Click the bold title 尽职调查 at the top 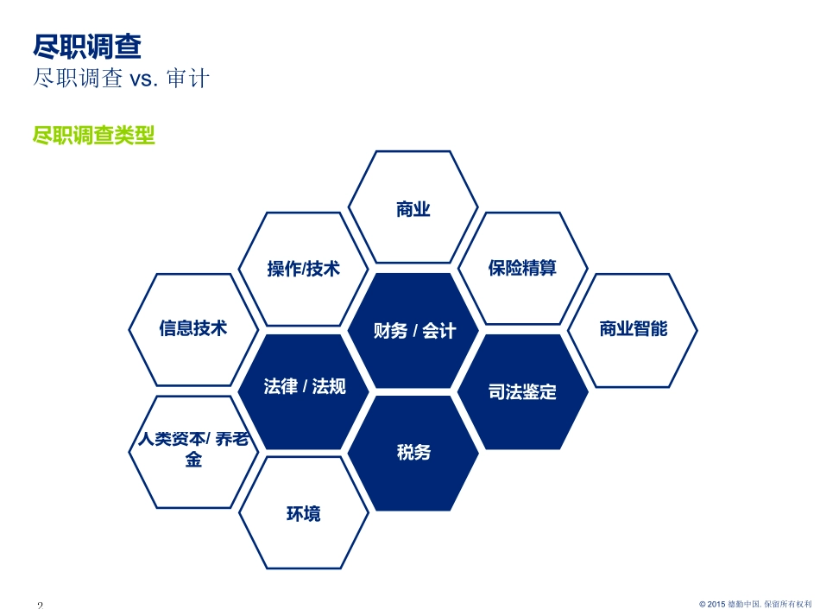tap(87, 46)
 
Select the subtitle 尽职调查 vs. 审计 tap(121, 79)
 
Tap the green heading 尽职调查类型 tap(93, 135)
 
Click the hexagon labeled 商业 tap(413, 206)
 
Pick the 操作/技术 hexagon tap(303, 269)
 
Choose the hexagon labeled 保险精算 tap(523, 268)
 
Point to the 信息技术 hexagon tap(193, 329)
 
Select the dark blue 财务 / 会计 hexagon tap(413, 330)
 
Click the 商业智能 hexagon tap(633, 330)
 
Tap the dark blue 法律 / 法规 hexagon tap(303, 391)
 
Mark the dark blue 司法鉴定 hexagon tap(523, 391)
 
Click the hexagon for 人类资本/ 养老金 tap(193, 452)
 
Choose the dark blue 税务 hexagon tap(413, 453)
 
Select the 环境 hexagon tap(303, 513)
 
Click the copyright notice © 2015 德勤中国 tap(755, 604)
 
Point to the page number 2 tap(41, 606)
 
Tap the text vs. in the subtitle tap(143, 79)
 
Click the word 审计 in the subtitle tap(188, 79)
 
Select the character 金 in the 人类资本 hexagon tap(193, 460)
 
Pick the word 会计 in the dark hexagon tap(439, 331)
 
